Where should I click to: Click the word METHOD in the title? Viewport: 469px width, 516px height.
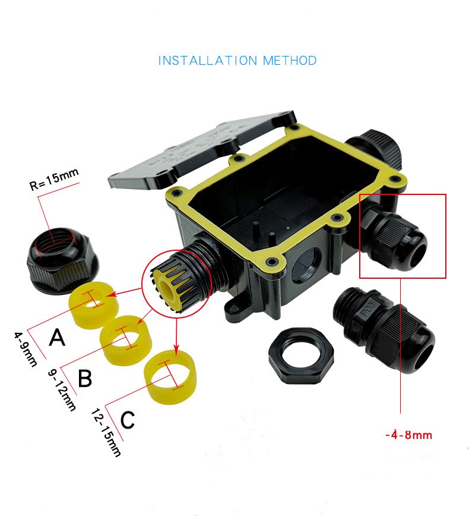point(290,61)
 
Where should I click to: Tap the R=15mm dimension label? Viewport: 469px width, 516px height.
point(54,180)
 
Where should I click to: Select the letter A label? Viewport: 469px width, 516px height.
point(57,337)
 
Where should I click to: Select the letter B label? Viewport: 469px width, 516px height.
point(85,378)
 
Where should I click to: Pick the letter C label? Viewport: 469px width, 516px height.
point(128,420)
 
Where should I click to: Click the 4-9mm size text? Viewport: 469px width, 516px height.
point(25,349)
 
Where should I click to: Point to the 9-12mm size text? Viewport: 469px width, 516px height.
point(62,390)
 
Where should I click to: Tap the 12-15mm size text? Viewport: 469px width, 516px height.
point(106,432)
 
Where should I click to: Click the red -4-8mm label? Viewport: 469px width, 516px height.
point(408,435)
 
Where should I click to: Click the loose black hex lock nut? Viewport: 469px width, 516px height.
point(301,355)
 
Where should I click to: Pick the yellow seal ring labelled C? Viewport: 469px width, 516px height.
point(171,377)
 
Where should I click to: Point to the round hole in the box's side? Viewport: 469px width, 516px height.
point(306,264)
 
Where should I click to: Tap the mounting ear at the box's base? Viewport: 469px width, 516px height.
point(236,309)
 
